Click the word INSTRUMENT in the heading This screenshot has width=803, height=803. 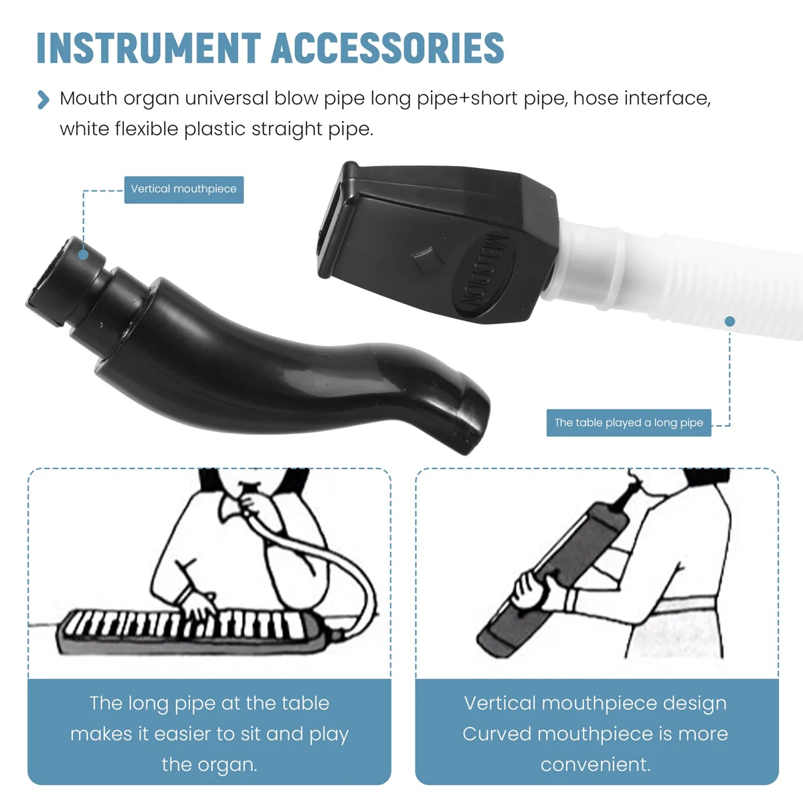coord(148,48)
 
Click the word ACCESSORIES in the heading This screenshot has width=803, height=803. coord(387,48)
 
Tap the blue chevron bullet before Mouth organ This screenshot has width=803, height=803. coord(43,100)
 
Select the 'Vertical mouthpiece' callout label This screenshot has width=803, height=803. coord(184,189)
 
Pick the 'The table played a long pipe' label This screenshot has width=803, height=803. coord(628,423)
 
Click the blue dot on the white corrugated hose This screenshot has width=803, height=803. coord(729,322)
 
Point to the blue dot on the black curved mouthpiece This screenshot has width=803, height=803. coord(83,255)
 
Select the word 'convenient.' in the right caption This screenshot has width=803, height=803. coord(596,764)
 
